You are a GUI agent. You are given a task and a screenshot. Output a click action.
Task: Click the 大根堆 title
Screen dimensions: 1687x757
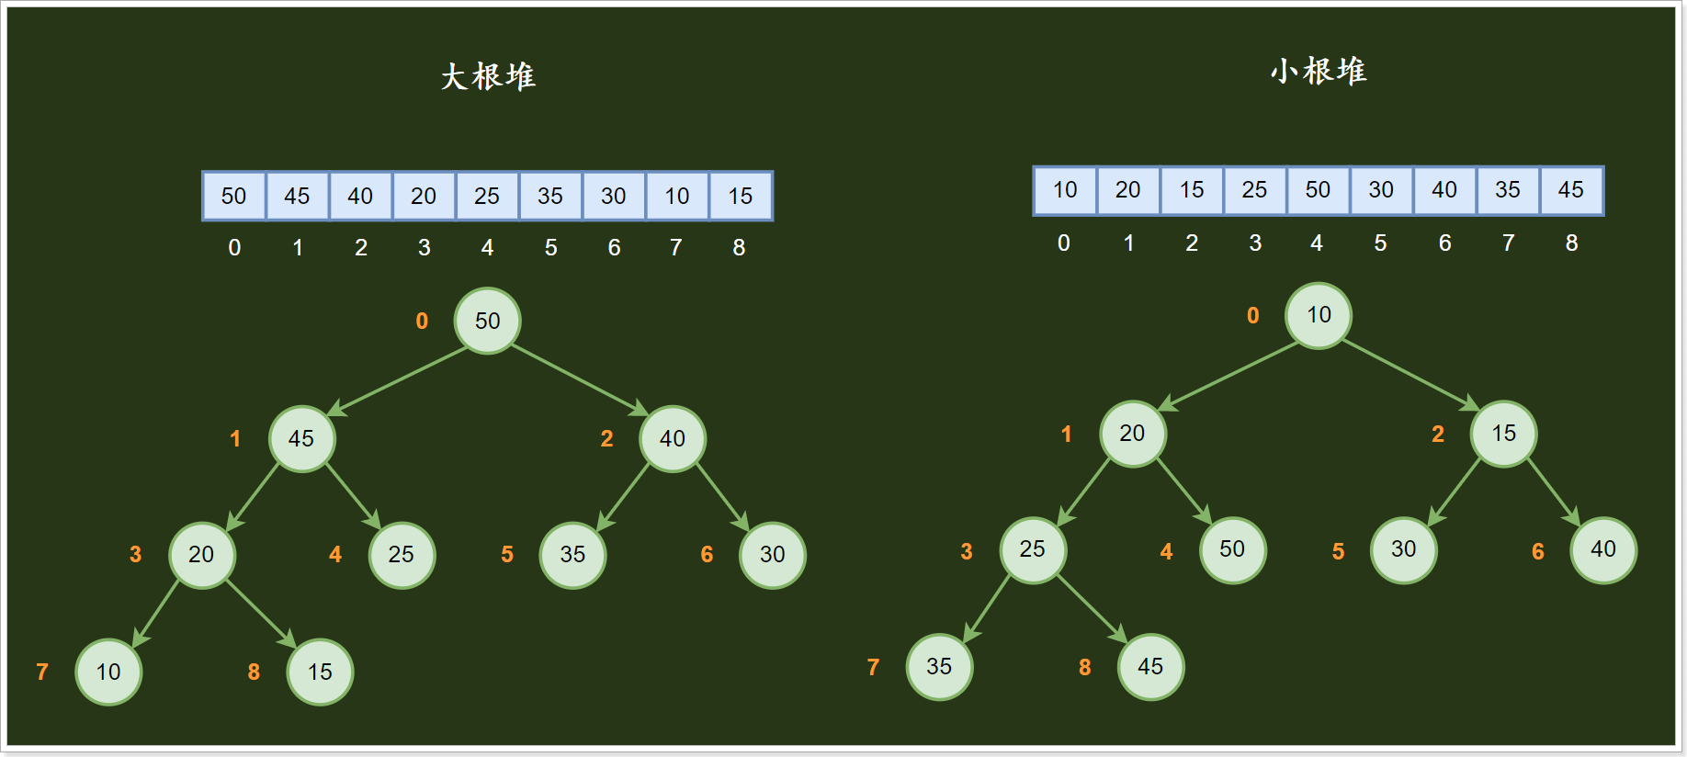tap(488, 76)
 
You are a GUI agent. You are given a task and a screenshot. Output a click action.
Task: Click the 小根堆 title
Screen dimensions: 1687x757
tap(1319, 71)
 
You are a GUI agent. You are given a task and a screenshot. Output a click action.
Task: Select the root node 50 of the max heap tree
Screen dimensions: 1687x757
tap(487, 321)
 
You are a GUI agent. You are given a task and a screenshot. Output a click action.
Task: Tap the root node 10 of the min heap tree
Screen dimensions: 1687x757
tap(1319, 315)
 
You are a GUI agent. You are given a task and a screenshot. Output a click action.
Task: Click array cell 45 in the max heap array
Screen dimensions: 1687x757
tap(297, 196)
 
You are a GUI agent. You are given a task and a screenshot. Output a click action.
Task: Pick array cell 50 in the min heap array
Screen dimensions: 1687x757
tap(1318, 190)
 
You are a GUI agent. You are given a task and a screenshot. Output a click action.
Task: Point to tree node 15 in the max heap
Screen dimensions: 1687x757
tap(320, 672)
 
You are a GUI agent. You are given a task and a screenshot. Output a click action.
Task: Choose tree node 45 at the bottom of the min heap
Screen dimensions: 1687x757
tap(1150, 666)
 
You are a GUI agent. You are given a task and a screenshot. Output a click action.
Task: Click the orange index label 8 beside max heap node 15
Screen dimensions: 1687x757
tap(254, 672)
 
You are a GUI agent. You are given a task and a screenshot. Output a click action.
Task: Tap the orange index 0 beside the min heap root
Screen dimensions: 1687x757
tap(1252, 315)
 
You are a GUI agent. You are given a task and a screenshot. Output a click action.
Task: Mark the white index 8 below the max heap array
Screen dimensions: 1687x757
tap(739, 247)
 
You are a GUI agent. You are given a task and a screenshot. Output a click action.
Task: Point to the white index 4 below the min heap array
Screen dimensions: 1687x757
tap(1317, 243)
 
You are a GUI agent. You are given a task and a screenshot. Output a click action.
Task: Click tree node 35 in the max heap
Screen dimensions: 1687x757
tap(572, 555)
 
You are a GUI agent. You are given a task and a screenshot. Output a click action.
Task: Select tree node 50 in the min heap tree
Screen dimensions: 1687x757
tap(1232, 549)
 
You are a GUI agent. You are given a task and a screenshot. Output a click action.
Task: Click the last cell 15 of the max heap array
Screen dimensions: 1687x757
tap(740, 196)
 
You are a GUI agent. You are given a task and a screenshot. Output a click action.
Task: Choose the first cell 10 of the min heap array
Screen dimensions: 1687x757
tap(1064, 190)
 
